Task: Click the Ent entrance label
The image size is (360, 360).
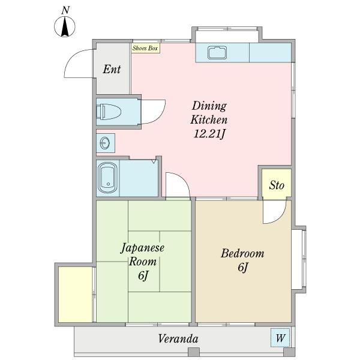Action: [112, 69]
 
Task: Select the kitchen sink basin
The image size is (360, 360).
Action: [217, 53]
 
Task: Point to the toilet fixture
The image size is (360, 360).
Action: [110, 112]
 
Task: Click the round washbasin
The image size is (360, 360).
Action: [105, 143]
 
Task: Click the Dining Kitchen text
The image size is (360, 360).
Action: [209, 112]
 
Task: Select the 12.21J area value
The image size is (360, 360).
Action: [209, 133]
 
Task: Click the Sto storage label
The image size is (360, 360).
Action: [276, 185]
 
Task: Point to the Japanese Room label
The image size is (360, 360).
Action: [143, 254]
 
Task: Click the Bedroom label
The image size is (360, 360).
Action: [242, 254]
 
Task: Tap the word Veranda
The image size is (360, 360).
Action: [178, 339]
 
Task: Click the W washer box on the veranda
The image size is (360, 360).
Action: [280, 338]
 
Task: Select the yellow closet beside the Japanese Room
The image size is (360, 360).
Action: [75, 294]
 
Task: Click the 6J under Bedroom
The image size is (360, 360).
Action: [242, 268]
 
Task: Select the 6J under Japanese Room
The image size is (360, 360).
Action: [143, 276]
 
